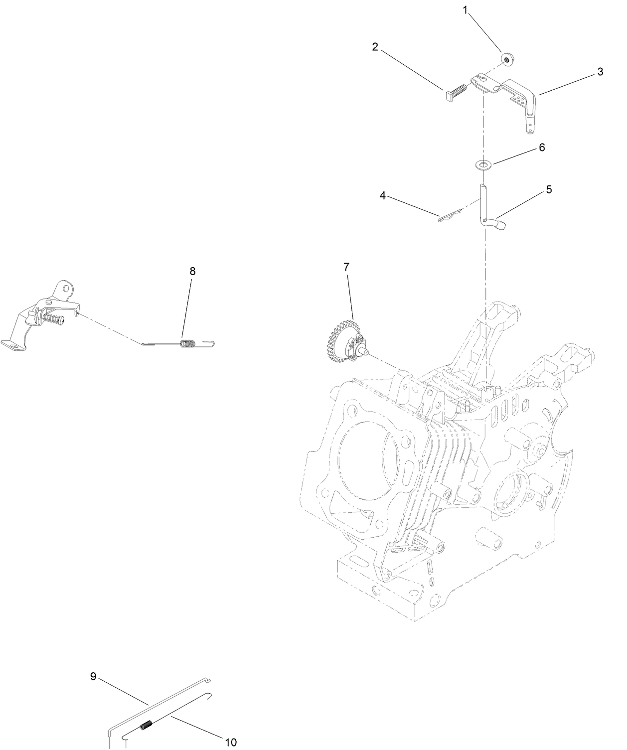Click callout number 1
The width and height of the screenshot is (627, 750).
tap(465, 10)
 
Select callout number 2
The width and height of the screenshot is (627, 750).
tap(375, 47)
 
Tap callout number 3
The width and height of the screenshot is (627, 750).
tap(601, 72)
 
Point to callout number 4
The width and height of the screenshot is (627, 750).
tap(383, 196)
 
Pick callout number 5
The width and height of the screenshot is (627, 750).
tap(549, 189)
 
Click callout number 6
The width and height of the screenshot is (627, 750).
tap(542, 148)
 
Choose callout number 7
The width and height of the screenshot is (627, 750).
tap(346, 267)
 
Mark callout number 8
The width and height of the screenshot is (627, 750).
tap(192, 271)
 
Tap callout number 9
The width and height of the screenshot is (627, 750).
tap(93, 676)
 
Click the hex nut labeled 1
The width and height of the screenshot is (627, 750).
tap(506, 60)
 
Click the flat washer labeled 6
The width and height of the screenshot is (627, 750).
tap(483, 165)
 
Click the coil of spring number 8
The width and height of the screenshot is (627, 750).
tap(188, 344)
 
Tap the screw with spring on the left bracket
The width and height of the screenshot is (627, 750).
tap(54, 318)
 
